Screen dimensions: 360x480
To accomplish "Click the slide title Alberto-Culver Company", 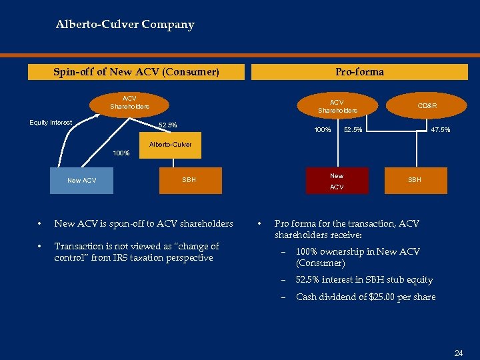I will point(125,25).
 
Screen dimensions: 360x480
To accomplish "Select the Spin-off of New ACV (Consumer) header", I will point(136,71).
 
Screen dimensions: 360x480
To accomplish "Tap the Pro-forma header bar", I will point(359,71).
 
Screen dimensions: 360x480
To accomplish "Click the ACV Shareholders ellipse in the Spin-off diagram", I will point(129,103).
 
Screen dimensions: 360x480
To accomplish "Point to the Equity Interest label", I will point(51,122).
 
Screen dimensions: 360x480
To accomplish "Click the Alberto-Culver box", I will point(170,145).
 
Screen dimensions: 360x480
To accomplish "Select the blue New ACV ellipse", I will point(82,181).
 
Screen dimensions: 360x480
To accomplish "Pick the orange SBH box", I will point(189,180).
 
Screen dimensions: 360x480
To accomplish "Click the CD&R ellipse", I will point(427,105).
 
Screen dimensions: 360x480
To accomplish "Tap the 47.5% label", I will point(440,129).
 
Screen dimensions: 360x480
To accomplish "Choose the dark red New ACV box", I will point(337,181).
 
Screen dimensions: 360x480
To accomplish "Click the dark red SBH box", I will point(414,180).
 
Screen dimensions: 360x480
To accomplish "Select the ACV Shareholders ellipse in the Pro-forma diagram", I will point(337,106).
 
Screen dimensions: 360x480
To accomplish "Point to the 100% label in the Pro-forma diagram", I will point(323,129).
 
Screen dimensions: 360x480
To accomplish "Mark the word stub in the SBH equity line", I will point(392,280).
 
